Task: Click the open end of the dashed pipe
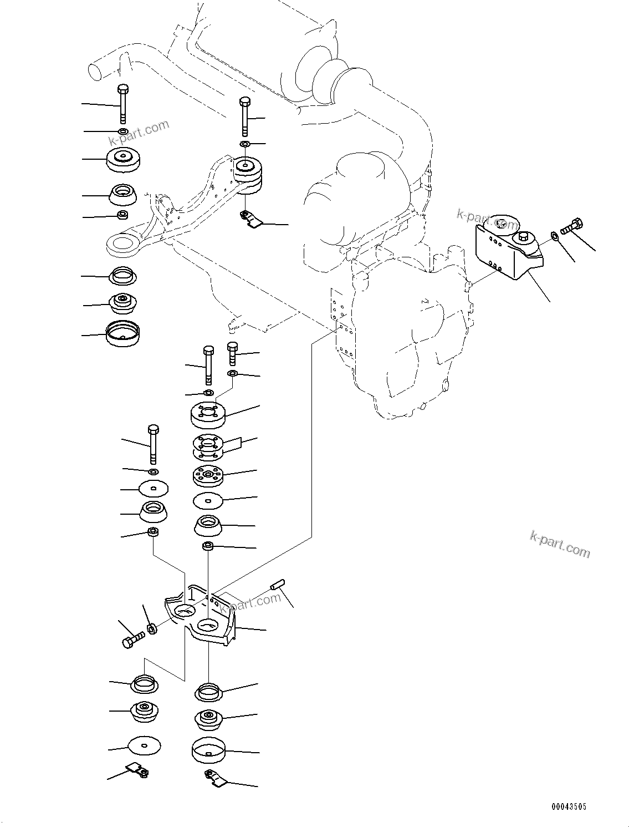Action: click(x=95, y=72)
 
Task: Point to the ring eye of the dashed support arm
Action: click(x=122, y=245)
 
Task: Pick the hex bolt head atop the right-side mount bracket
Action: click(x=523, y=237)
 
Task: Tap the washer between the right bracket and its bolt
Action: click(x=555, y=237)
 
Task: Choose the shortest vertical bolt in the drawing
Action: click(x=233, y=353)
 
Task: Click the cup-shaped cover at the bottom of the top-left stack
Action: click(x=122, y=333)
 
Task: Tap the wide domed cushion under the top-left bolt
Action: click(x=121, y=160)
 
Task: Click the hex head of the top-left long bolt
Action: click(x=123, y=89)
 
